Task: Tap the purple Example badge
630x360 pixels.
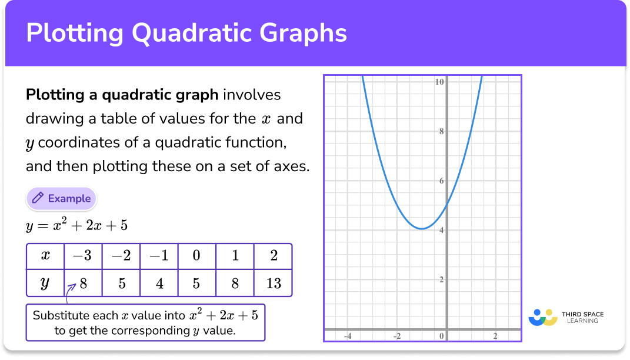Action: tap(61, 199)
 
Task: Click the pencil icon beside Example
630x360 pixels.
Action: tap(38, 199)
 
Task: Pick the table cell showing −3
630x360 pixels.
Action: tap(83, 256)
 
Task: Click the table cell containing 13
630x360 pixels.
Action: tap(273, 284)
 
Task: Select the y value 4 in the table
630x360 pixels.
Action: tap(159, 284)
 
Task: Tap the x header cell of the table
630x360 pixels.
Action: tap(45, 256)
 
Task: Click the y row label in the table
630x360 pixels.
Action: tap(45, 284)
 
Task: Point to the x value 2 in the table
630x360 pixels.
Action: tap(273, 256)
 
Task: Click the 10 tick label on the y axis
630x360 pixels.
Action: tap(439, 82)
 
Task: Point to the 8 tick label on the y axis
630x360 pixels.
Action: tap(441, 131)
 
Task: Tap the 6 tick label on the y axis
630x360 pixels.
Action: tap(441, 181)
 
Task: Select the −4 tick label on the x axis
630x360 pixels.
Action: tap(348, 336)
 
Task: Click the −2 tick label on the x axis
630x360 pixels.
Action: tap(397, 336)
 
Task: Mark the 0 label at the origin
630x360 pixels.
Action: tap(442, 336)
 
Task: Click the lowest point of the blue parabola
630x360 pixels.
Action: tap(422, 228)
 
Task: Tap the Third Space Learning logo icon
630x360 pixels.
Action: tap(542, 318)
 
